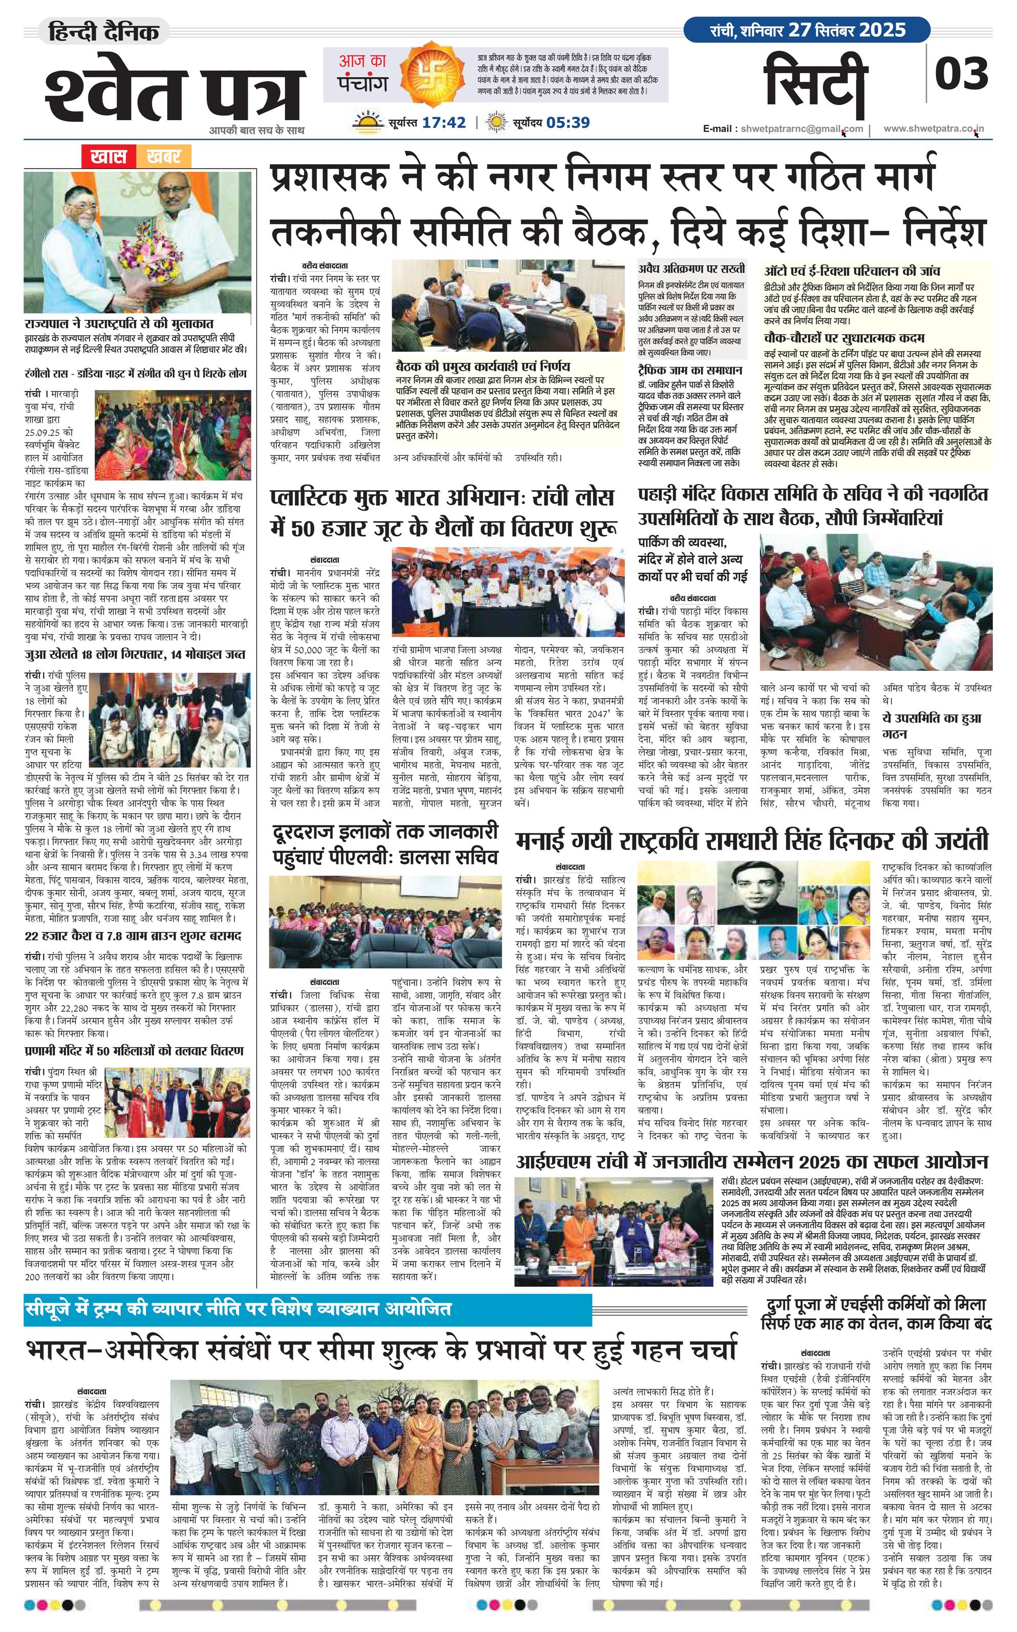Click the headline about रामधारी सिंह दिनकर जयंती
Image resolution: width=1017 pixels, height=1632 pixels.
click(752, 841)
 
